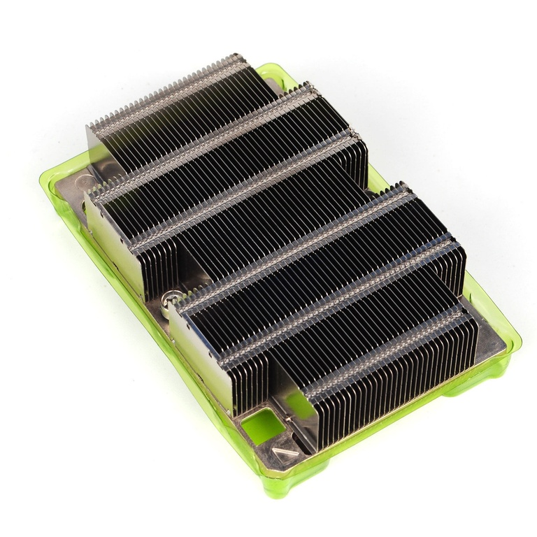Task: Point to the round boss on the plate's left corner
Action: point(83,181)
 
